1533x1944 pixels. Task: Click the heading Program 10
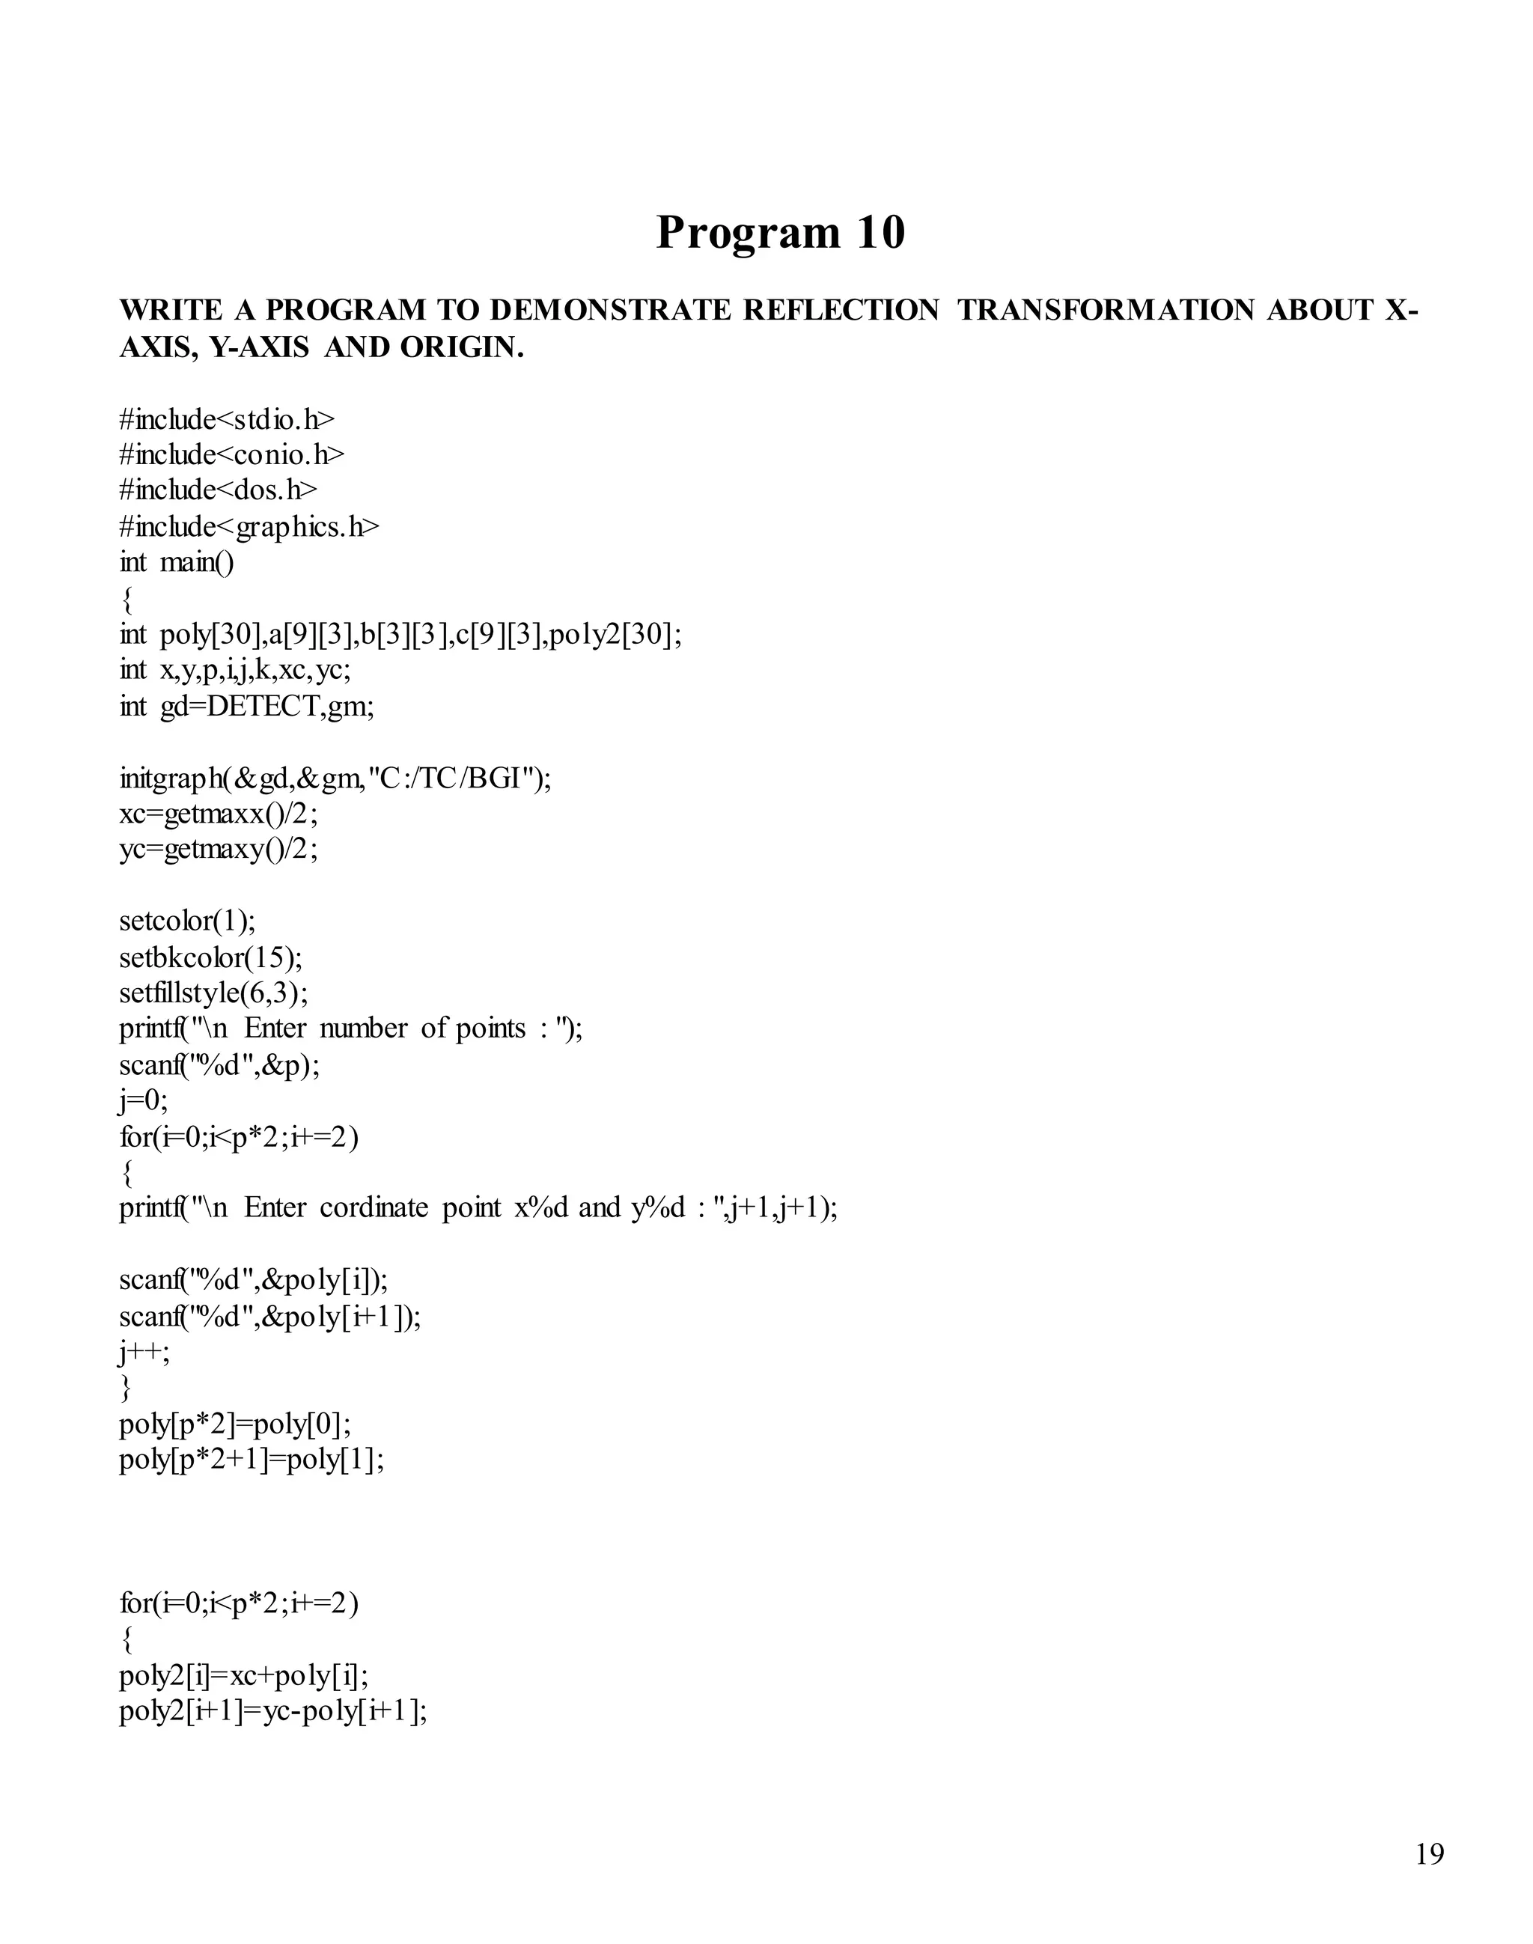780,233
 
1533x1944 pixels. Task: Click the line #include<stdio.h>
227,419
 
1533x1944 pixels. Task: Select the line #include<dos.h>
218,490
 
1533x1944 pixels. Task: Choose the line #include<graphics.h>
249,527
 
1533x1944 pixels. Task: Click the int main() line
177,563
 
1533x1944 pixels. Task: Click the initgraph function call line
335,778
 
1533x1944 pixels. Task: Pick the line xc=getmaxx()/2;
218,814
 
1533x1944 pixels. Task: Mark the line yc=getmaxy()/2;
218,849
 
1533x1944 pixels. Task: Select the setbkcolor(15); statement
211,957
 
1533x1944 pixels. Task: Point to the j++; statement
144,1352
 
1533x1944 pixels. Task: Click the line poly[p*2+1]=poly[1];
252,1460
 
